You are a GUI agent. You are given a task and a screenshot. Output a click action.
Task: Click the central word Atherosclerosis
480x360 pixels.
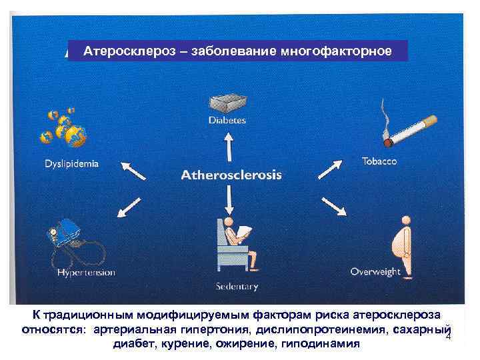point(232,175)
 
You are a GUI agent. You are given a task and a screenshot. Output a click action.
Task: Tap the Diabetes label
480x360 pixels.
point(227,121)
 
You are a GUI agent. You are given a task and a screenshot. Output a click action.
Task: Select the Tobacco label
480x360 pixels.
point(379,161)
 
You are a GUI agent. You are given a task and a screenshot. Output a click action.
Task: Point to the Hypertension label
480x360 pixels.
point(86,272)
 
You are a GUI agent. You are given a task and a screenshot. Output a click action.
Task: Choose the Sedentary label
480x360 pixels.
point(236,287)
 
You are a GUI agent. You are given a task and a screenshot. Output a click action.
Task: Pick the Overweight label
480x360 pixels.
point(375,271)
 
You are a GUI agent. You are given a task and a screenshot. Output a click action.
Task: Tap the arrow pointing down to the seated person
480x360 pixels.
point(229,198)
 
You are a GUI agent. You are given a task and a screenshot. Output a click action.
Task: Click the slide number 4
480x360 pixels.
point(448,336)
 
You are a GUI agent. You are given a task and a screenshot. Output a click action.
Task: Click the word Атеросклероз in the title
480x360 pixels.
point(120,51)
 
